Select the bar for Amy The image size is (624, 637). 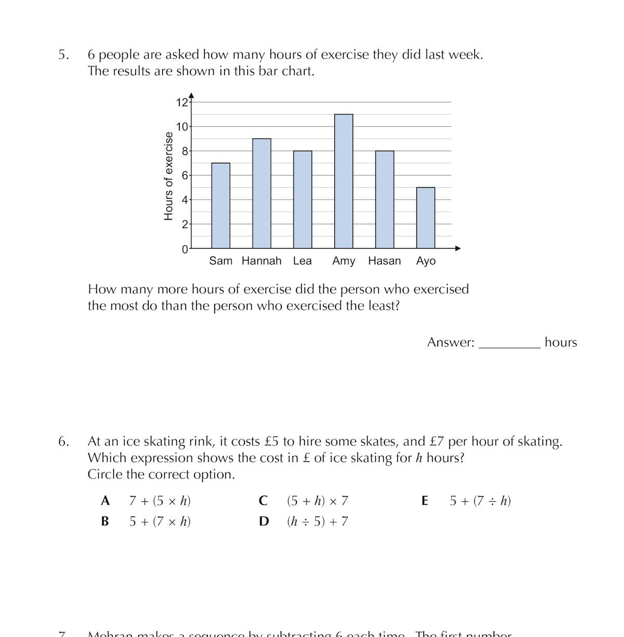[x=344, y=181]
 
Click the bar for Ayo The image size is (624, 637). [x=425, y=217]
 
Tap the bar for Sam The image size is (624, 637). [x=220, y=205]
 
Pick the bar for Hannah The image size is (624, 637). [x=262, y=193]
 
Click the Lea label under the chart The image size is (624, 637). [x=302, y=261]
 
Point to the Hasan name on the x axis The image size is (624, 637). [x=384, y=261]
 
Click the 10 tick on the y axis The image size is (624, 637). [x=182, y=126]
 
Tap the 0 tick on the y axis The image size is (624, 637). [x=185, y=249]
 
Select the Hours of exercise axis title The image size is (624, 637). [x=168, y=176]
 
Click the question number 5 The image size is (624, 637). [x=63, y=55]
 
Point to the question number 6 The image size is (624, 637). [x=63, y=441]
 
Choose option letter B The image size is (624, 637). [x=105, y=521]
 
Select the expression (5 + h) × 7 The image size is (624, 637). [x=317, y=501]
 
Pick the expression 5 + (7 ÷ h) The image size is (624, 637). [x=480, y=501]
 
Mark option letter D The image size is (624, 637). [x=264, y=521]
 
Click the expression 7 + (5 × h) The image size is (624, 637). [x=160, y=501]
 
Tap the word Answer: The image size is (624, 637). [x=450, y=342]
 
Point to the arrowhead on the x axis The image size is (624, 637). [x=458, y=248]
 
